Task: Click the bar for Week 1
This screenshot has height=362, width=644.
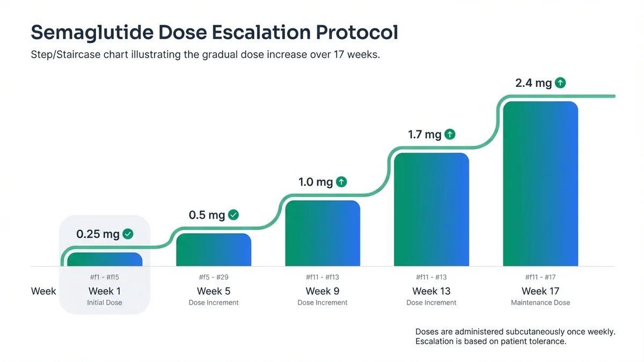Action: pos(105,260)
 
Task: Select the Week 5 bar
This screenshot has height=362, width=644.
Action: pos(214,250)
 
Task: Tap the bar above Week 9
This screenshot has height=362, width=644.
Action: pos(323,233)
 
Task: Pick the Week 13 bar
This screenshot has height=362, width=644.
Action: pos(431,210)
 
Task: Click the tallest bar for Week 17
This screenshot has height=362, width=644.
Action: pos(540,184)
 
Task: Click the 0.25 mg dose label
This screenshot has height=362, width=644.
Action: pos(98,234)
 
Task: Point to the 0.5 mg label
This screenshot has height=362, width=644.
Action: pos(207,215)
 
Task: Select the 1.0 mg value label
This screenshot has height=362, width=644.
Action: pos(316,182)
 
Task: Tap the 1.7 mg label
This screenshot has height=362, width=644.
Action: pos(425,135)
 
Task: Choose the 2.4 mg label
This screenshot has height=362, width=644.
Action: pos(533,83)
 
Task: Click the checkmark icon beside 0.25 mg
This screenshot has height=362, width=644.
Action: pos(128,234)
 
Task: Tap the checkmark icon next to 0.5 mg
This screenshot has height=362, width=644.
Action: pos(233,215)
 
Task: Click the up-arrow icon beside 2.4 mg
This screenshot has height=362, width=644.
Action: pos(560,83)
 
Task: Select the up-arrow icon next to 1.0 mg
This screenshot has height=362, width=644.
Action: pos(341,182)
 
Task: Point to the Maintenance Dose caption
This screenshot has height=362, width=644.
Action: pos(540,302)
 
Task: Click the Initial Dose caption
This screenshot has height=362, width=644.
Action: pos(105,302)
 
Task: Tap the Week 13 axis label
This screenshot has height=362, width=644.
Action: pos(431,291)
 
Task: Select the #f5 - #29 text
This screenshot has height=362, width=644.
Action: pos(214,277)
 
